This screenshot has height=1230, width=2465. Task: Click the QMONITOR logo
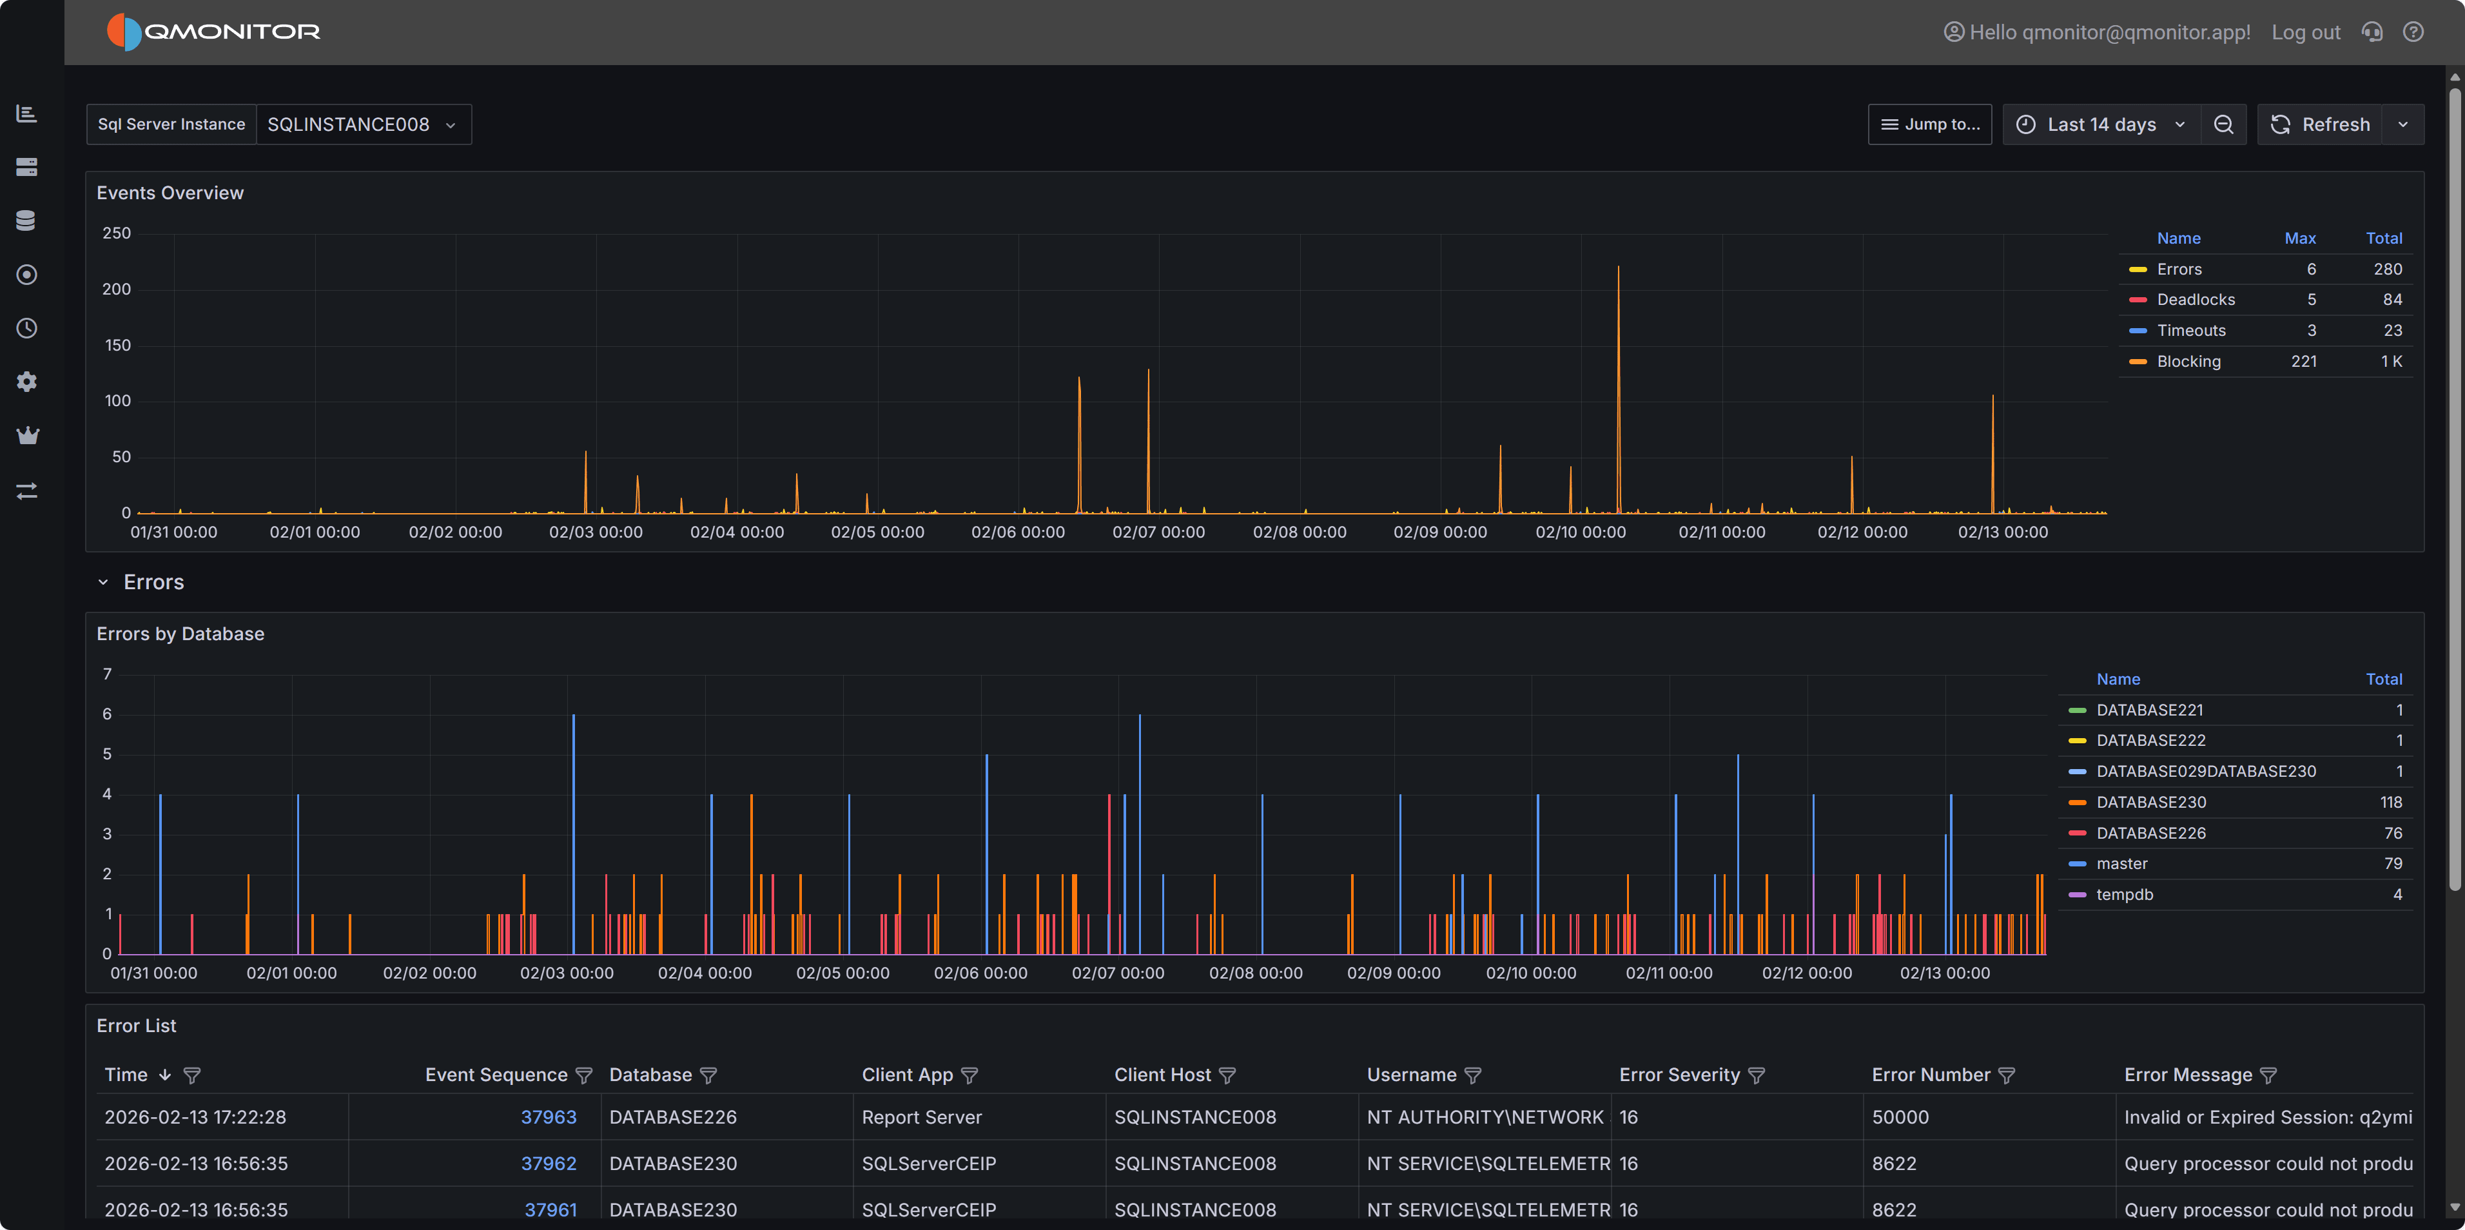pyautogui.click(x=213, y=32)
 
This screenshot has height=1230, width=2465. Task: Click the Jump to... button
pyautogui.click(x=1929, y=124)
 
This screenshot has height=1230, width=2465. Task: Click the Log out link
pyautogui.click(x=2304, y=32)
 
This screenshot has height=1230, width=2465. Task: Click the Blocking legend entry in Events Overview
pyautogui.click(x=2188, y=361)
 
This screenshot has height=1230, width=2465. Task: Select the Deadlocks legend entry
pyautogui.click(x=2195, y=300)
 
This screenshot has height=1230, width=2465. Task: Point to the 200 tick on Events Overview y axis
pyautogui.click(x=117, y=289)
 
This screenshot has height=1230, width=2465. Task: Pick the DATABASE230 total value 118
pyautogui.click(x=2390, y=802)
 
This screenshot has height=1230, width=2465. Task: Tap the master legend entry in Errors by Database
pyautogui.click(x=2121, y=863)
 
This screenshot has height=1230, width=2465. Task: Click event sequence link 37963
pyautogui.click(x=549, y=1117)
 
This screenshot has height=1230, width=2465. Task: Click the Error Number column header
pyautogui.click(x=1930, y=1075)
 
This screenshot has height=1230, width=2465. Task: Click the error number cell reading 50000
pyautogui.click(x=1900, y=1117)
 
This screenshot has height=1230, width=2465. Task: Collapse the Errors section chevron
pyautogui.click(x=103, y=582)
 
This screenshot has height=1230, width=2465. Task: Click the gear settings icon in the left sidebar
pyautogui.click(x=27, y=382)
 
